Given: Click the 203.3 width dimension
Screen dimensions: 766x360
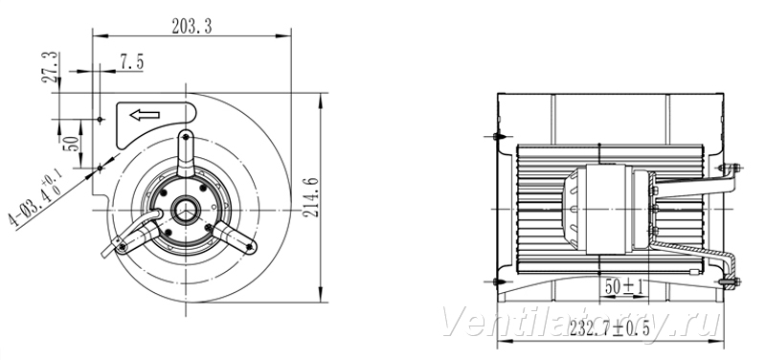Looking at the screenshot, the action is pyautogui.click(x=192, y=26).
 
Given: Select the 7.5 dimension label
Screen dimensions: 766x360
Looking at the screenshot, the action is pyautogui.click(x=131, y=62).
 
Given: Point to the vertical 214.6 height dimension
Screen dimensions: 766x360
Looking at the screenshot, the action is pyautogui.click(x=313, y=197).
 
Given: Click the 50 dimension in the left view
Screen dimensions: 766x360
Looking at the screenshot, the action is pyautogui.click(x=71, y=143).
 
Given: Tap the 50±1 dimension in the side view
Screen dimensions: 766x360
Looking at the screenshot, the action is pyautogui.click(x=624, y=286).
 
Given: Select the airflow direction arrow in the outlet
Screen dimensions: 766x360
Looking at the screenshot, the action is pyautogui.click(x=145, y=115).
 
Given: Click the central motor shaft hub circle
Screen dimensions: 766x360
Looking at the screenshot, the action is pyautogui.click(x=186, y=210).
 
